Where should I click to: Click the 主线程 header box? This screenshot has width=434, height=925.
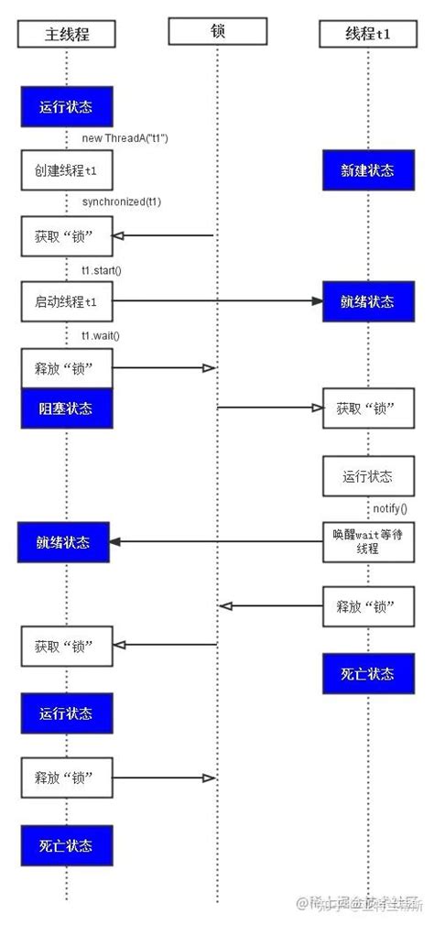point(67,35)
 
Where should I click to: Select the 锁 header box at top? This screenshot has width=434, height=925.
point(217,32)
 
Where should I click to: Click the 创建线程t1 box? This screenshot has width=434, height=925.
point(67,170)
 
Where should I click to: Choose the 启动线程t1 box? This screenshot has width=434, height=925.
point(67,300)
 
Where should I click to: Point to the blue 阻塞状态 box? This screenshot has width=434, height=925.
point(67,408)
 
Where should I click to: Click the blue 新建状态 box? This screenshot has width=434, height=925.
point(367,171)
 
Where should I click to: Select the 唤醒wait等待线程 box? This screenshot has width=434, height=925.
point(367,541)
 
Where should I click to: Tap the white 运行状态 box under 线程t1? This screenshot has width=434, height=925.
point(367,476)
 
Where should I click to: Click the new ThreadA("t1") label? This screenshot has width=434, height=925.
point(125,138)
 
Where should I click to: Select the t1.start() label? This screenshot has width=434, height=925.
point(102,269)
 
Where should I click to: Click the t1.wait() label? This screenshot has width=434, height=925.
point(101,335)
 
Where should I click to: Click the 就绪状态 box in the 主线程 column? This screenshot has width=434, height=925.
point(67,542)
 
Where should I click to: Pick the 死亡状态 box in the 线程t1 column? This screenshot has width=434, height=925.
point(367,673)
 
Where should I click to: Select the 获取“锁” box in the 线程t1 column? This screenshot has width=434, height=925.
point(367,408)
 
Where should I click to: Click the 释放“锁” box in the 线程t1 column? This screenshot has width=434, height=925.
point(367,606)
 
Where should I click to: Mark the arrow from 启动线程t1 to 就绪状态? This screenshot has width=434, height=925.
point(217,300)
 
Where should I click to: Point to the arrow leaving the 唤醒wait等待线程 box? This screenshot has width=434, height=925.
point(217,541)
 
